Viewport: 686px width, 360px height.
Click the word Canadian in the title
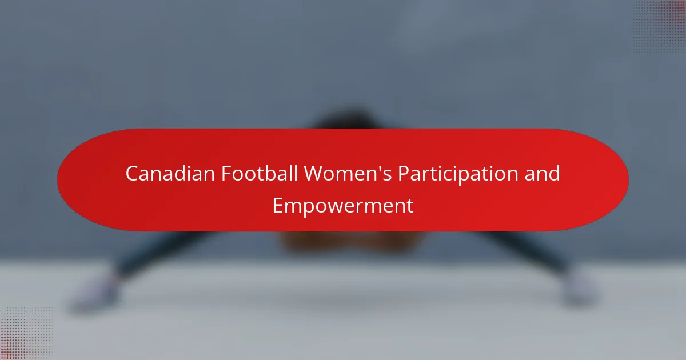click(170, 174)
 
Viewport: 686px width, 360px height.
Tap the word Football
click(260, 174)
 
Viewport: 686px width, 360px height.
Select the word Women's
click(348, 174)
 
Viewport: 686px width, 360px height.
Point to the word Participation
click(458, 175)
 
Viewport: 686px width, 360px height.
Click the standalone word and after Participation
click(542, 174)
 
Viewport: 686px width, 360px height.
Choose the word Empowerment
click(343, 207)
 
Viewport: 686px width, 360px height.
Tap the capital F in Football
click(226, 174)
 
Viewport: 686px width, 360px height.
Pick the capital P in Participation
click(404, 174)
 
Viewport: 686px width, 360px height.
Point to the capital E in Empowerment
click(277, 206)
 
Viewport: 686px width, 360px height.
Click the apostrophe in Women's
click(378, 168)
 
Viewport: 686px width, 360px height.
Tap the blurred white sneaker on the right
click(580, 289)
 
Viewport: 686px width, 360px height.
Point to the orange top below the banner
click(352, 242)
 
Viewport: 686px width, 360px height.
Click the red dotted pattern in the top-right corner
click(660, 26)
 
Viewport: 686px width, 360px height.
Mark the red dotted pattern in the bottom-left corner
click(26, 334)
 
